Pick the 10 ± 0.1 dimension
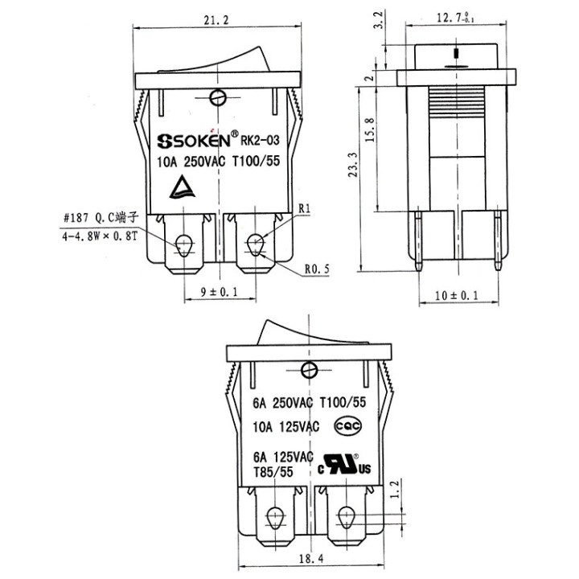click(x=456, y=296)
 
